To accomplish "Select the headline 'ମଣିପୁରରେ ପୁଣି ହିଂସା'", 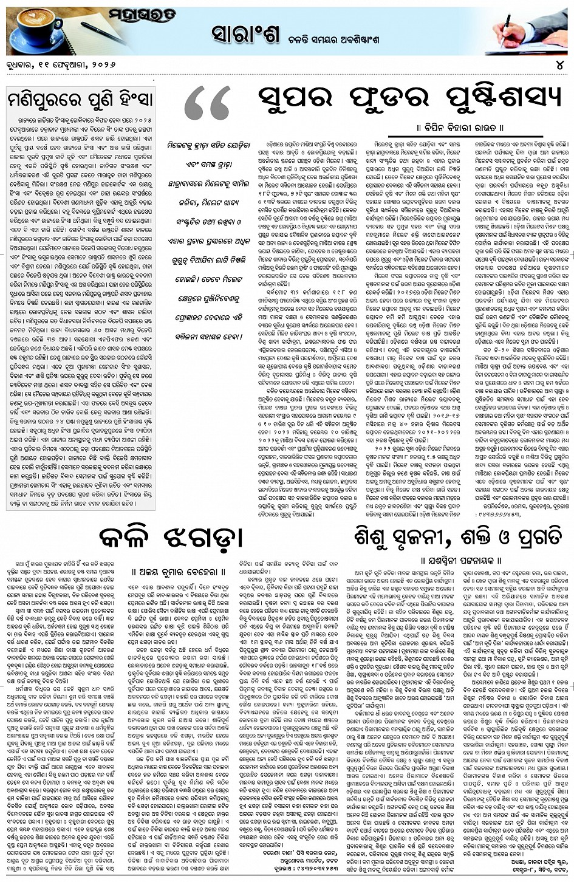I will (x=80, y=97).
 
